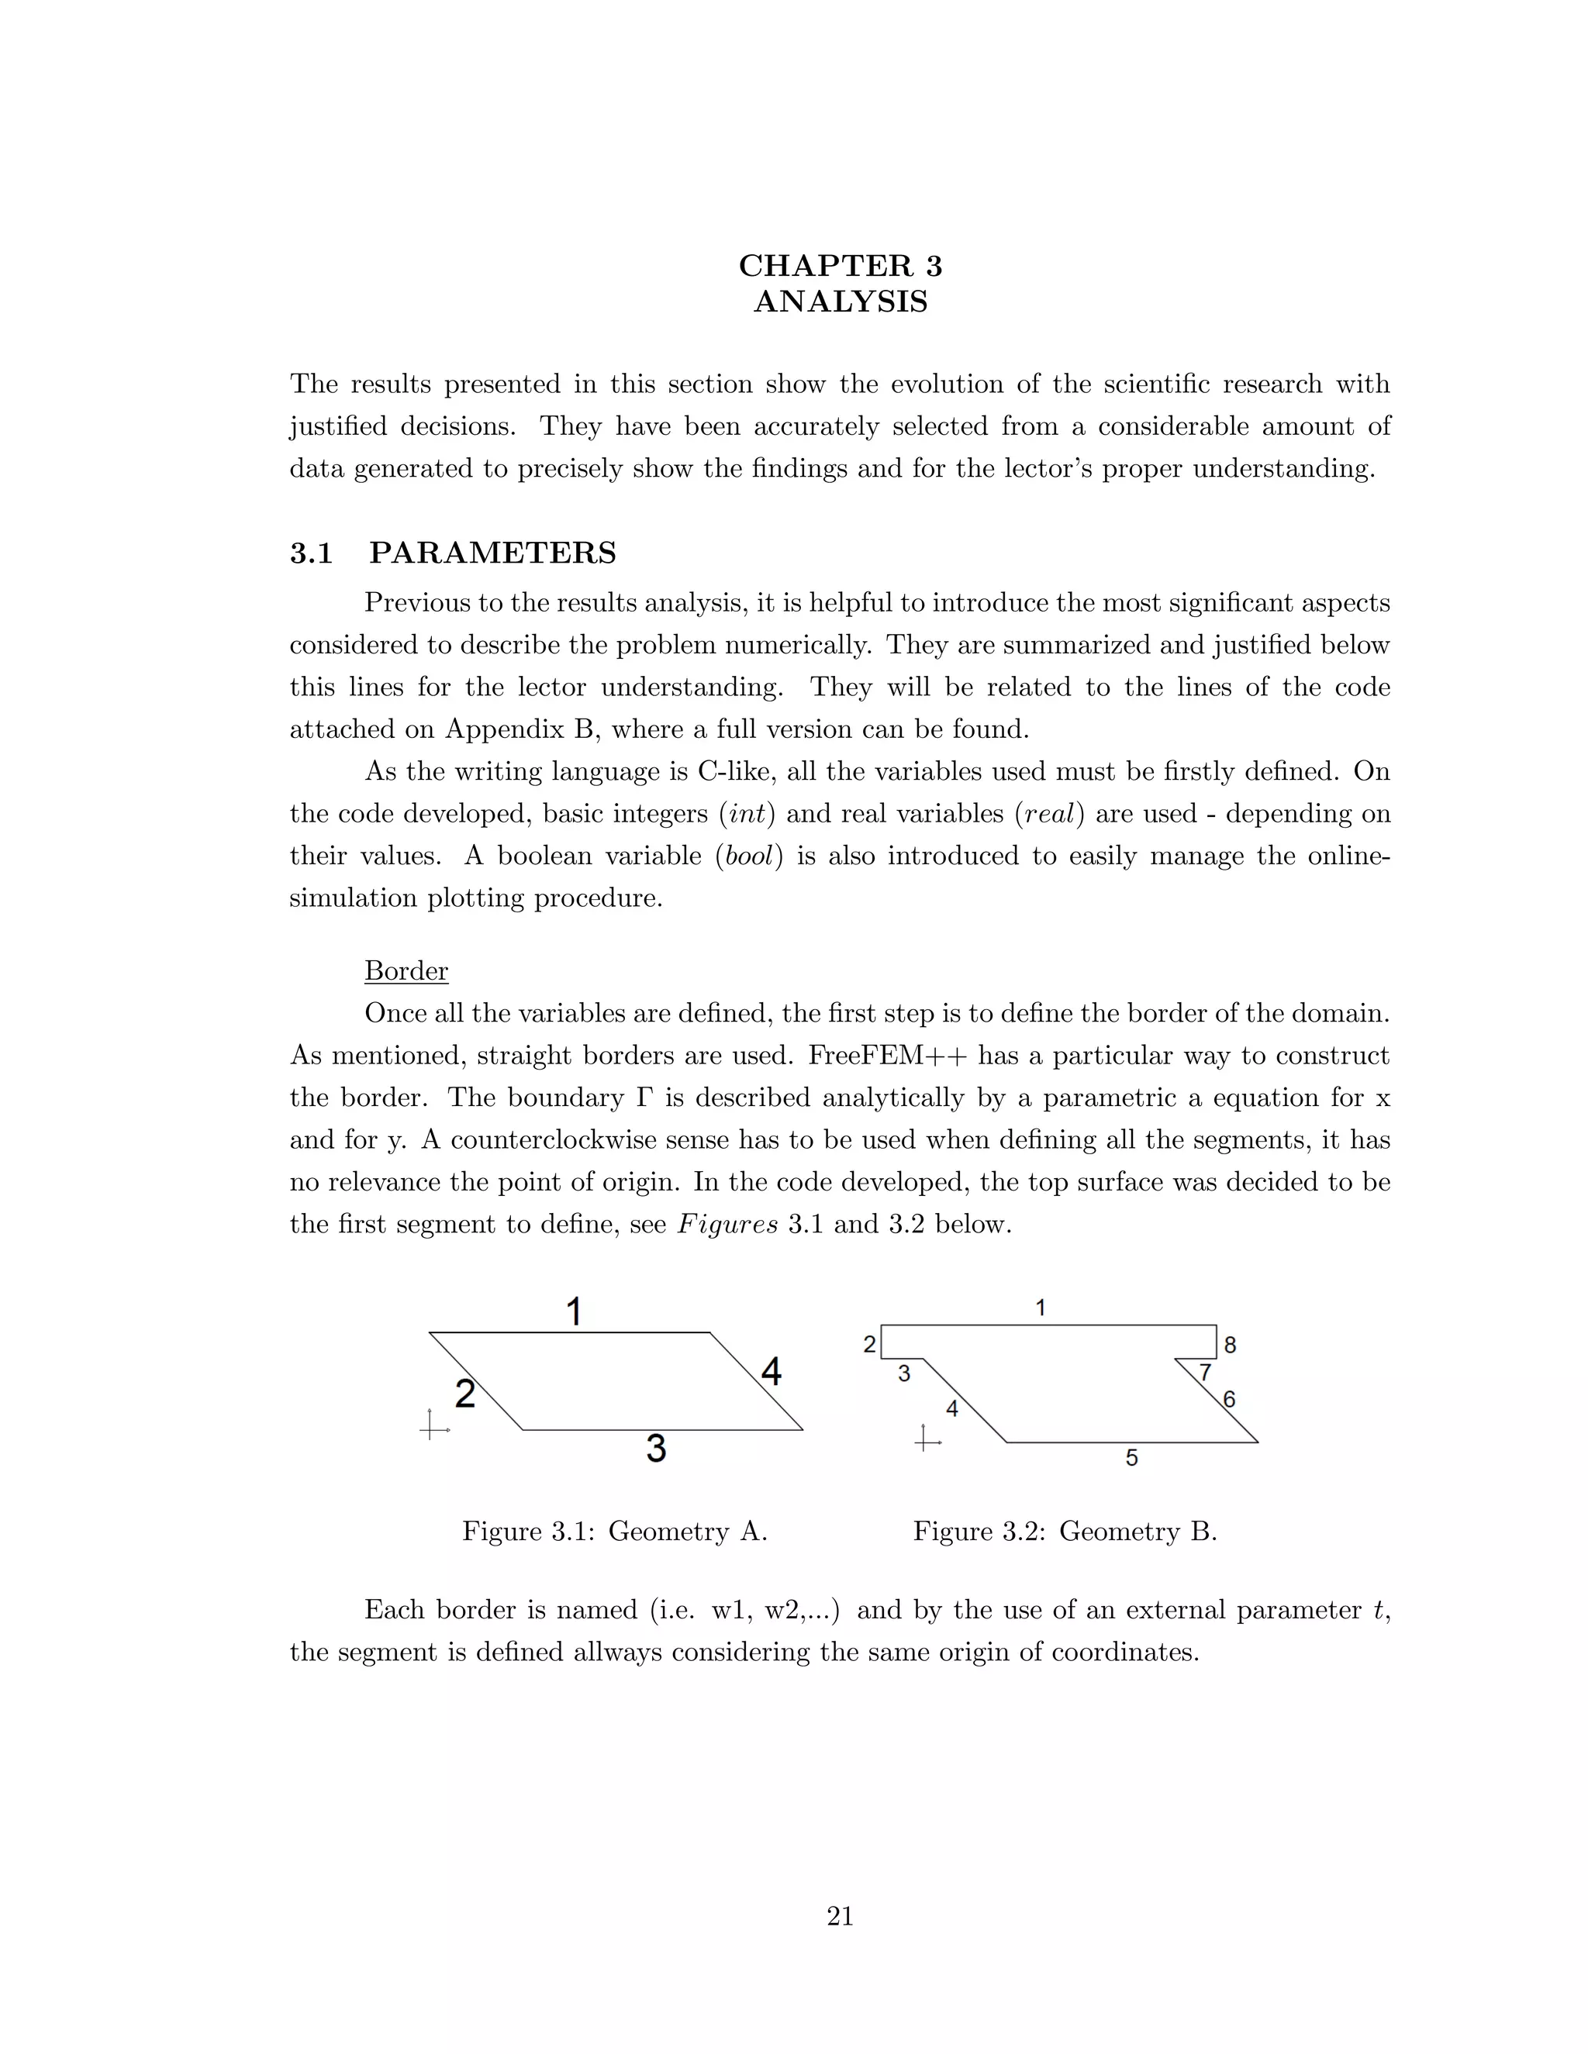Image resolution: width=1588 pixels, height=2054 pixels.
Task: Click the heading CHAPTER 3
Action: pyautogui.click(x=840, y=266)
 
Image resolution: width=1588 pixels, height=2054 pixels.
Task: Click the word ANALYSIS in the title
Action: pyautogui.click(x=840, y=302)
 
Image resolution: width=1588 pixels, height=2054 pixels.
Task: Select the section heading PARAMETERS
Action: pyautogui.click(x=492, y=553)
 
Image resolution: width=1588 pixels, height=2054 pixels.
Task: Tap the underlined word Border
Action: pyautogui.click(x=406, y=970)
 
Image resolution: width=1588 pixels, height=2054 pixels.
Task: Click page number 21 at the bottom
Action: pyautogui.click(x=840, y=1916)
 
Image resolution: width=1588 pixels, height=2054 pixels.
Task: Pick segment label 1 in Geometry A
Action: pyautogui.click(x=574, y=1311)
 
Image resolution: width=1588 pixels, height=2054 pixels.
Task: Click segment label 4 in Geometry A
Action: pyautogui.click(x=772, y=1372)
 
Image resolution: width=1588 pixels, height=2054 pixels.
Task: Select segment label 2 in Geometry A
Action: pyautogui.click(x=464, y=1394)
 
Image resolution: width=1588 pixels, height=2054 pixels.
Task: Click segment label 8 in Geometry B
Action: pyautogui.click(x=1230, y=1346)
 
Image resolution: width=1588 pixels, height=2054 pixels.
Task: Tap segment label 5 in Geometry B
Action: pyautogui.click(x=1132, y=1458)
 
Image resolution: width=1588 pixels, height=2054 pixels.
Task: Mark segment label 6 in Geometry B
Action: pyautogui.click(x=1229, y=1399)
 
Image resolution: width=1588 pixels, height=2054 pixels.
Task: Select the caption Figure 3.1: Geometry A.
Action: pyautogui.click(x=614, y=1532)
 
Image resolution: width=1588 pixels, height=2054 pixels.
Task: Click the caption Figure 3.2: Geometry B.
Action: pyautogui.click(x=1065, y=1532)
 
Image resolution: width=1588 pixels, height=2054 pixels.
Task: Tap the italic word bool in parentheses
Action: pyautogui.click(x=749, y=856)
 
